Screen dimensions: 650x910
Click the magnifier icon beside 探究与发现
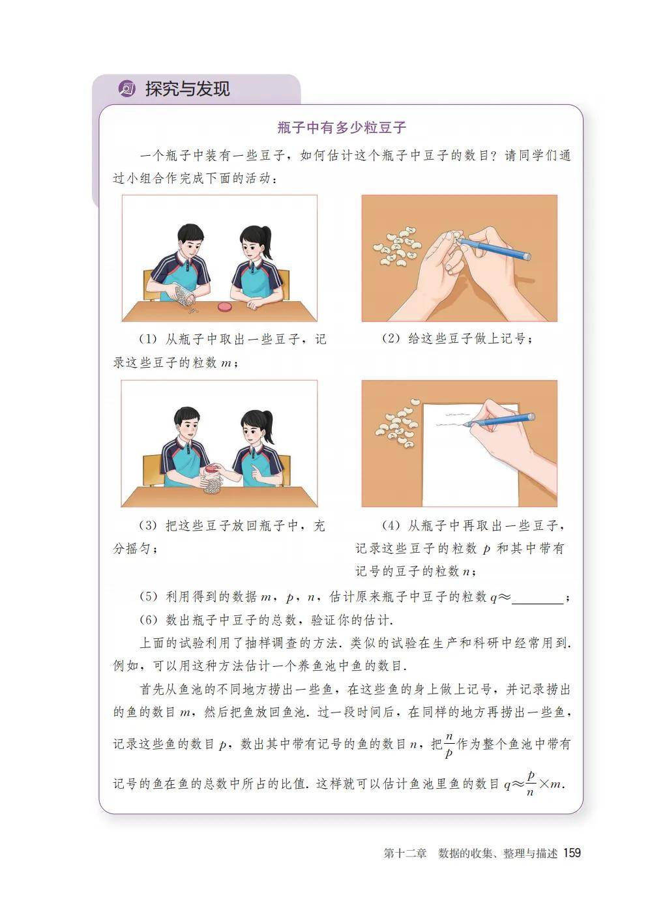tap(126, 89)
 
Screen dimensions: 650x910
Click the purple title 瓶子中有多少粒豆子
tap(342, 128)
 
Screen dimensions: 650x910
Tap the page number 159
tap(572, 853)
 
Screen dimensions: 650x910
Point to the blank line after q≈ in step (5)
tap(537, 604)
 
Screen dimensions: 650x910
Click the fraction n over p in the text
tap(449, 746)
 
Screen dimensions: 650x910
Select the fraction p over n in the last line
tap(530, 784)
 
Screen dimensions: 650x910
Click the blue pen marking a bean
tap(493, 248)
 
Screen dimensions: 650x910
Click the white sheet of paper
tap(471, 455)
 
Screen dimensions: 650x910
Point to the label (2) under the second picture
tap(391, 338)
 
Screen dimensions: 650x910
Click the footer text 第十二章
tap(405, 853)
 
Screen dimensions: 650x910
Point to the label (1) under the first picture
tap(148, 339)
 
